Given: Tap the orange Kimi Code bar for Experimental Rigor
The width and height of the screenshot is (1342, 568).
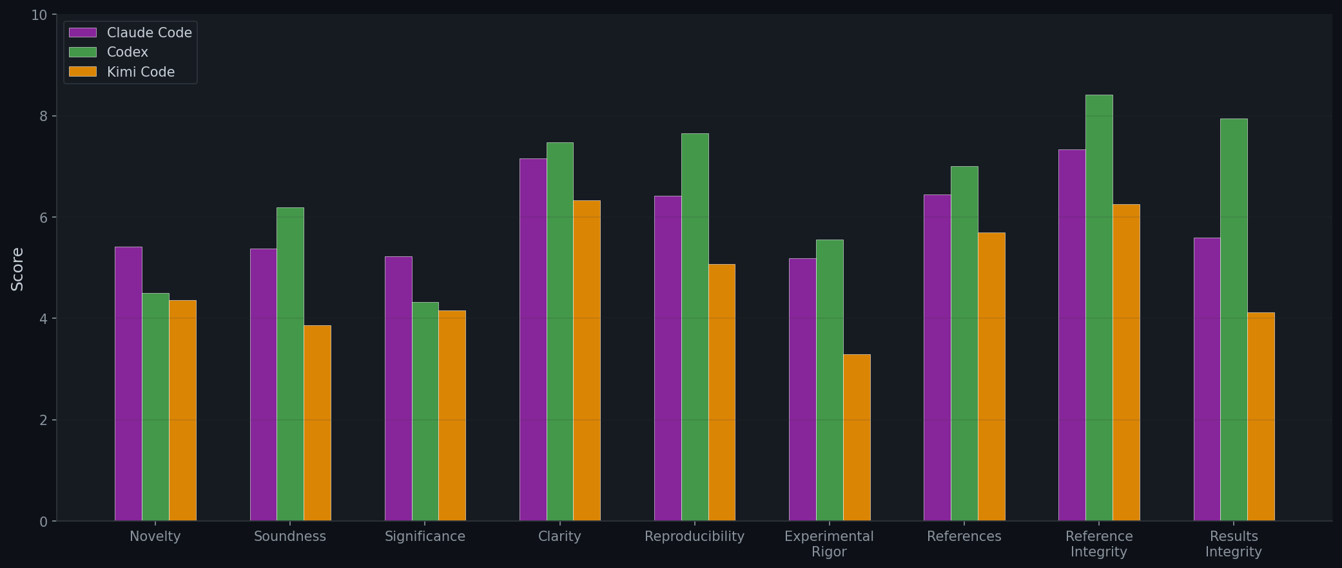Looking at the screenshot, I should pos(857,437).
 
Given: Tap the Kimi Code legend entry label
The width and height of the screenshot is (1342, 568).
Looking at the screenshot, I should pos(141,72).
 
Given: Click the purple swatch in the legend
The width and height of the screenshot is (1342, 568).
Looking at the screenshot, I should pos(83,33).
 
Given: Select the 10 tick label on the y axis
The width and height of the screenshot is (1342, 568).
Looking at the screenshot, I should pos(39,15).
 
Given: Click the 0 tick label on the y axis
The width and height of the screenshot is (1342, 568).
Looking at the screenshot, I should pos(44,522).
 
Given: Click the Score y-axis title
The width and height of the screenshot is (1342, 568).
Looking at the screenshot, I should pos(17,269).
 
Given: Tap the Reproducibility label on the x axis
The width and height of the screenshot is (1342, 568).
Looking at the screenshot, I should pos(694,536).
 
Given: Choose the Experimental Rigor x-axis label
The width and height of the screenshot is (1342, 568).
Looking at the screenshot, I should pos(829,544).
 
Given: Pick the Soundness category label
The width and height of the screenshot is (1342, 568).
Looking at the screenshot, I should pos(290,536).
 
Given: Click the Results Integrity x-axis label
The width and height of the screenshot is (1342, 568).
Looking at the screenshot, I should pos(1234,544).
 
